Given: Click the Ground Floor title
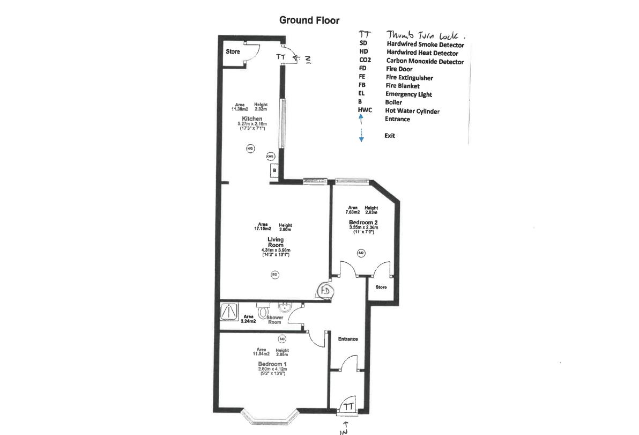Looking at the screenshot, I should point(309,20).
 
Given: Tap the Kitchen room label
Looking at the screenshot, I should point(252,119).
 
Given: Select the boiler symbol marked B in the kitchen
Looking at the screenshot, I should point(274,171).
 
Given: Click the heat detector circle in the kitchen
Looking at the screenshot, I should point(250,149).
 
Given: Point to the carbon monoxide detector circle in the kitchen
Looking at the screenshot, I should point(270,156).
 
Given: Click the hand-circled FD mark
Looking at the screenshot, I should point(325,290).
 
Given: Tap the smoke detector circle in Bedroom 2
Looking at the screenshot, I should point(361,253).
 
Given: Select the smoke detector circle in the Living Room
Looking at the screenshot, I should point(275,275).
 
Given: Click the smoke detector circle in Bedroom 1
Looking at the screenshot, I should point(282,339).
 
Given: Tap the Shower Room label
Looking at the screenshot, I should point(274,320).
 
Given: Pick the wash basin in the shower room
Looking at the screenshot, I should point(284,307).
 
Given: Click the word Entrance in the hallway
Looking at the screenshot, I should point(347,339).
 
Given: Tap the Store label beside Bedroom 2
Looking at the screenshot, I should point(381,287).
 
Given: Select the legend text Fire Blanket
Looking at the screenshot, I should point(402,86).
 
